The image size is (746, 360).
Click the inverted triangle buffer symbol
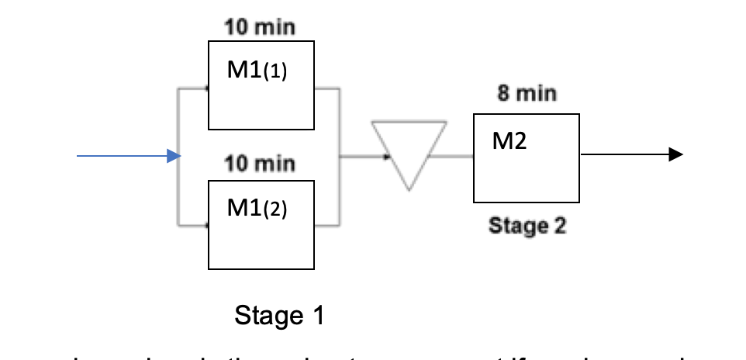[409, 151]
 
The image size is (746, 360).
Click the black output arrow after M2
[631, 155]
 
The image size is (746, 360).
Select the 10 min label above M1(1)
[260, 28]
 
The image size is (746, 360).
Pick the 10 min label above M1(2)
[260, 164]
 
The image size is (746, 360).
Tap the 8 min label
[527, 95]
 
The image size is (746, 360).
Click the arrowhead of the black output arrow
[675, 155]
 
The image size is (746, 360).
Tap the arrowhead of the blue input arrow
[174, 157]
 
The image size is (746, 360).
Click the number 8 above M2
[503, 95]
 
